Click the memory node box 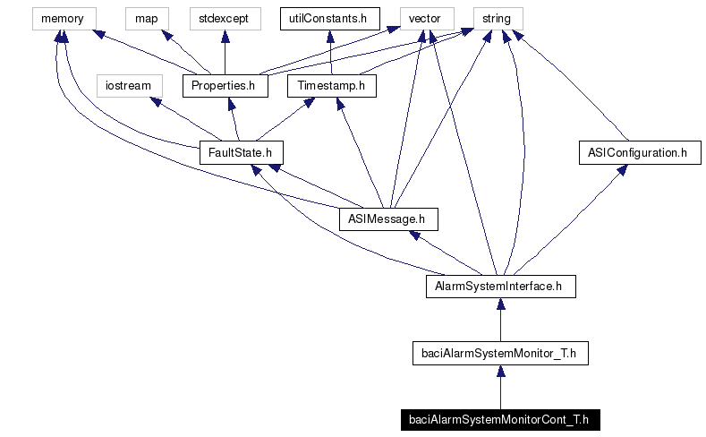62,18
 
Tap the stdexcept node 224,18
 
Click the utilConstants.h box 330,18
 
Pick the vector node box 424,18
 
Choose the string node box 497,18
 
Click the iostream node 129,86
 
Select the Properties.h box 225,86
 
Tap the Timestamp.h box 332,86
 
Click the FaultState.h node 234,153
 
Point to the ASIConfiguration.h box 638,153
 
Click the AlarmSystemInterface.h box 499,287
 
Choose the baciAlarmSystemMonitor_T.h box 499,353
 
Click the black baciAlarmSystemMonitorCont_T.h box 499,420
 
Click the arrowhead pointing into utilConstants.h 330,35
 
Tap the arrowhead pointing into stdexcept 224,35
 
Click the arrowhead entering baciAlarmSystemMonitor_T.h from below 499,370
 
